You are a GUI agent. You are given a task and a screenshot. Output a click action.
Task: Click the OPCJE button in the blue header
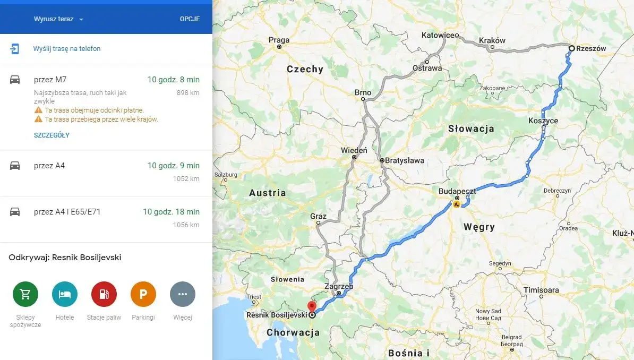pos(190,19)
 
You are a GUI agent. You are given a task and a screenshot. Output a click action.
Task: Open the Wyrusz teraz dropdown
pos(59,19)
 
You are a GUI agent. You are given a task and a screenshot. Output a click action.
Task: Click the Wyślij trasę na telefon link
pos(66,49)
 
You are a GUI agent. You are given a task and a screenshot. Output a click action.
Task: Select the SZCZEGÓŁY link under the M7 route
pos(52,135)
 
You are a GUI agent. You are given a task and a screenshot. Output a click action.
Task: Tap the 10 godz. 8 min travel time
pos(173,80)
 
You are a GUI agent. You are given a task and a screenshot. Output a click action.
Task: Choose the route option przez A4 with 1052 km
pos(49,166)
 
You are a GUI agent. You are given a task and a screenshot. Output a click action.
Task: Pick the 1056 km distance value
pos(186,225)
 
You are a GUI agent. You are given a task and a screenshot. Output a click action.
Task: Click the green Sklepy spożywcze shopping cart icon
pos(25,294)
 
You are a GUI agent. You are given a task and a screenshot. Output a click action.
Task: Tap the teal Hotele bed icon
pos(65,294)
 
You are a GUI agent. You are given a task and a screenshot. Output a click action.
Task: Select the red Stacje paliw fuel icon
pos(104,294)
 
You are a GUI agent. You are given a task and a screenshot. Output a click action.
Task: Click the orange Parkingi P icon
pos(143,294)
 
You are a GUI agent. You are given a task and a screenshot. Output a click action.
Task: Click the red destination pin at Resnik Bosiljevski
pos(312,306)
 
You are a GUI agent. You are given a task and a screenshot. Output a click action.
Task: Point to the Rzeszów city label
pos(591,48)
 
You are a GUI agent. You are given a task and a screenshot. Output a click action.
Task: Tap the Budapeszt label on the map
pos(457,191)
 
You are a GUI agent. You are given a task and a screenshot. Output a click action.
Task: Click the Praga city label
pos(279,40)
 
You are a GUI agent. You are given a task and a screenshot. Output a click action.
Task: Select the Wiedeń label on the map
pos(354,150)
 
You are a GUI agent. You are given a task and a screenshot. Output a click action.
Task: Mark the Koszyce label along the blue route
pos(543,121)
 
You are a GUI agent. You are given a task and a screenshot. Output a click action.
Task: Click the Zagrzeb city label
pos(338,286)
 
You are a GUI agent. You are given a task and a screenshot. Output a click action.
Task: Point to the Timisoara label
pos(541,290)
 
